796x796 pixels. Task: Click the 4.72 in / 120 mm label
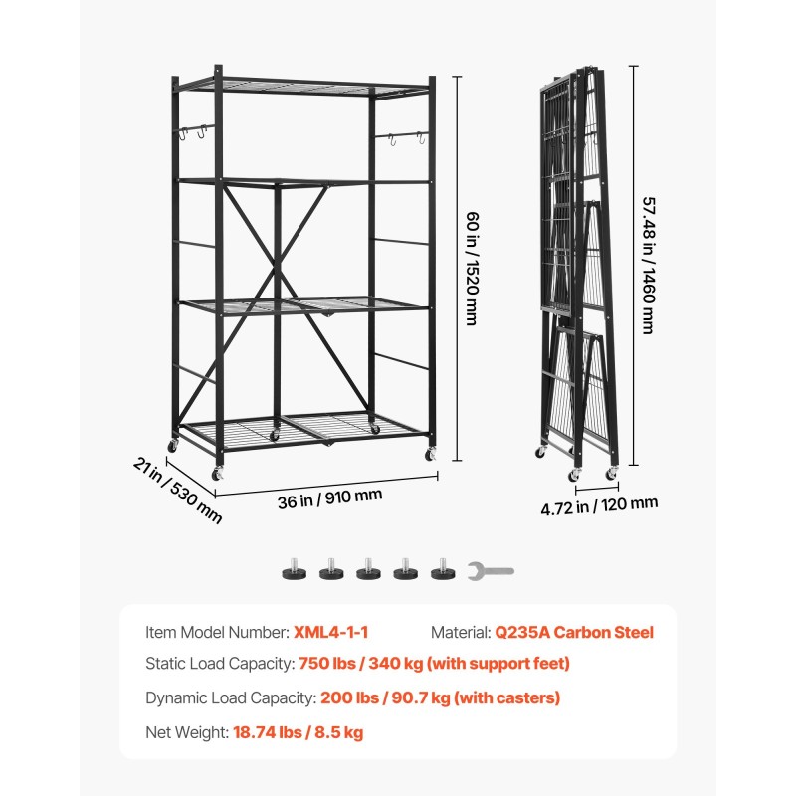tap(599, 505)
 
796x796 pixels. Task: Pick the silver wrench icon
tap(491, 571)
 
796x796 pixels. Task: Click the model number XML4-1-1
tap(332, 632)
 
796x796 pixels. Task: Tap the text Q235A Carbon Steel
tap(574, 632)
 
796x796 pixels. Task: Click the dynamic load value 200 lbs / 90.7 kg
tap(440, 697)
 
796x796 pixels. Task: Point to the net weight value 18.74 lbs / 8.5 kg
tap(298, 732)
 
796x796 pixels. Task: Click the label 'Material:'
tap(460, 632)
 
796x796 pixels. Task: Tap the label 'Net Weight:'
tap(186, 732)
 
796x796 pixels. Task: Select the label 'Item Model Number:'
tap(217, 632)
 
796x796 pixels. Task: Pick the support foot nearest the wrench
tap(441, 570)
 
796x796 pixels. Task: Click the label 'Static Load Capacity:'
tap(220, 664)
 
